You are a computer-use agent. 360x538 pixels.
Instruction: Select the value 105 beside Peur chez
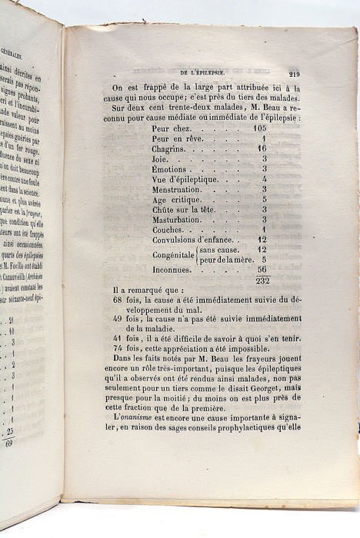click(258, 129)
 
